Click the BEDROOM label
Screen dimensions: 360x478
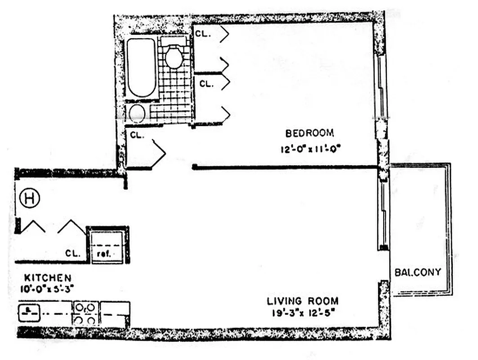click(310, 133)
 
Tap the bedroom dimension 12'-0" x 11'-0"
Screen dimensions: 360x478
click(310, 149)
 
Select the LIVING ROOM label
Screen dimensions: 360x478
click(303, 301)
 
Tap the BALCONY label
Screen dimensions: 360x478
click(418, 272)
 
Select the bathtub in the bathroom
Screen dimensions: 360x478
click(141, 67)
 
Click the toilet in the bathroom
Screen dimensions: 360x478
click(174, 55)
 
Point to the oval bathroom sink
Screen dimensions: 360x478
click(137, 114)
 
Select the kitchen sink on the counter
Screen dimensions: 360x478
click(28, 311)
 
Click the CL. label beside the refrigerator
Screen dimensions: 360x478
click(72, 253)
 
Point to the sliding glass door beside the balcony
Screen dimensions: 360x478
click(383, 214)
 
